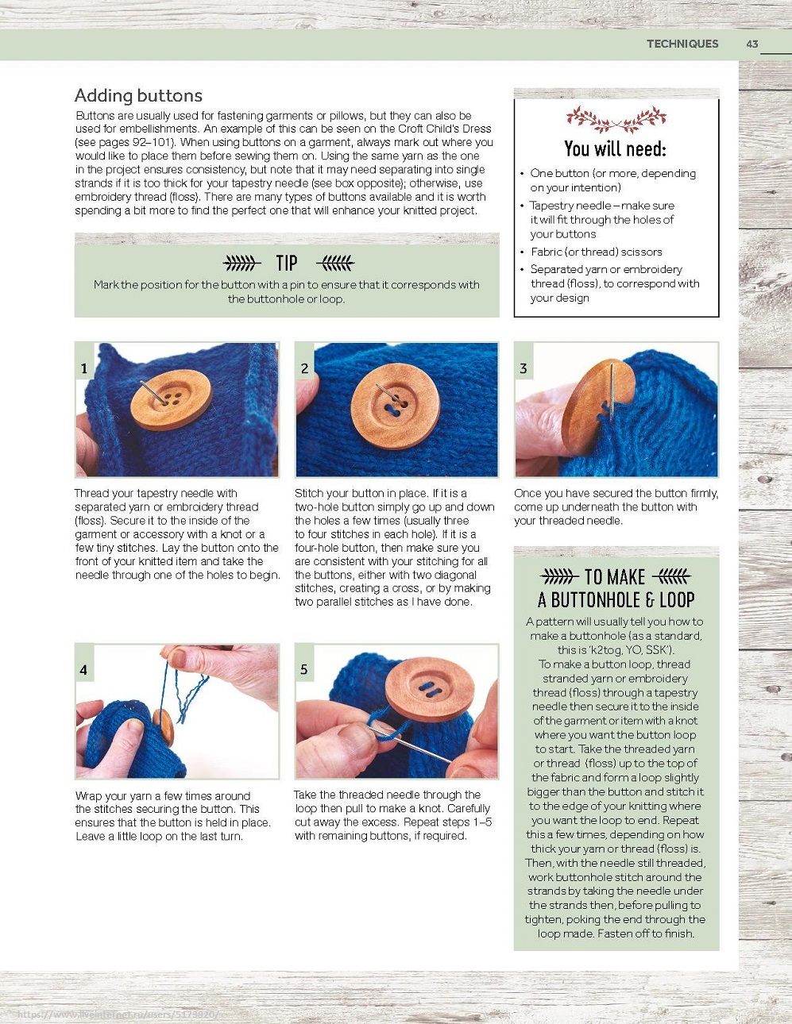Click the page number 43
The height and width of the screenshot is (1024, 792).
click(x=752, y=44)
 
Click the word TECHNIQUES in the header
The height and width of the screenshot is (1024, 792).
click(x=682, y=44)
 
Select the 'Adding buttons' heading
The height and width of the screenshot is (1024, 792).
click(x=138, y=95)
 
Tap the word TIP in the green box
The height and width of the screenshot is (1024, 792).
click(x=287, y=263)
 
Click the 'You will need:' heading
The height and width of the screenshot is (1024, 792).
click(x=615, y=149)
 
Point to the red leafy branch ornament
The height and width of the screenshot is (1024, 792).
click(x=616, y=119)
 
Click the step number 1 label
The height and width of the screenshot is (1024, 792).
click(x=84, y=368)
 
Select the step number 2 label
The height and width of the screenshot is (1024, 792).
click(x=304, y=368)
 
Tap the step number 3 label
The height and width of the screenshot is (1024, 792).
click(x=523, y=368)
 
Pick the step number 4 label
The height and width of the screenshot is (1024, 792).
click(x=83, y=670)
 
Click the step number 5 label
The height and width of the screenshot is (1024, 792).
click(x=304, y=670)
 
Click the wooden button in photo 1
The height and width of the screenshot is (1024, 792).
click(x=171, y=399)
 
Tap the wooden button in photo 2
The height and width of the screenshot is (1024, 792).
click(x=396, y=406)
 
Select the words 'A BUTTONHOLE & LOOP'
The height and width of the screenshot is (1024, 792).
click(x=616, y=600)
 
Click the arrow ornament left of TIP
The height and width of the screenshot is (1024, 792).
click(x=241, y=263)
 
